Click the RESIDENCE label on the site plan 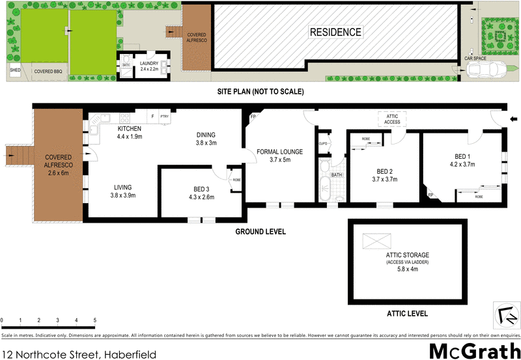pyautogui.click(x=335, y=32)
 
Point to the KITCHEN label pyautogui.click(x=130, y=129)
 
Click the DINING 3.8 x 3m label pyautogui.click(x=206, y=139)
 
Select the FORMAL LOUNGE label pyautogui.click(x=279, y=155)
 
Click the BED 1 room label pyautogui.click(x=464, y=160)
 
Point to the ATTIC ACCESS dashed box pyautogui.click(x=392, y=119)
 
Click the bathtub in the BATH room pyautogui.click(x=324, y=189)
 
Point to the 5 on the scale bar pyautogui.click(x=95, y=320)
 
